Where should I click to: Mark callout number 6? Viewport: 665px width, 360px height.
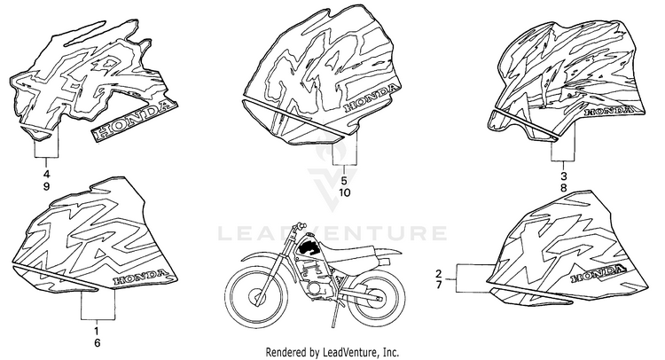click(97, 341)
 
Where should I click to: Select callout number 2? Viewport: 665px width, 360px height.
click(437, 272)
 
